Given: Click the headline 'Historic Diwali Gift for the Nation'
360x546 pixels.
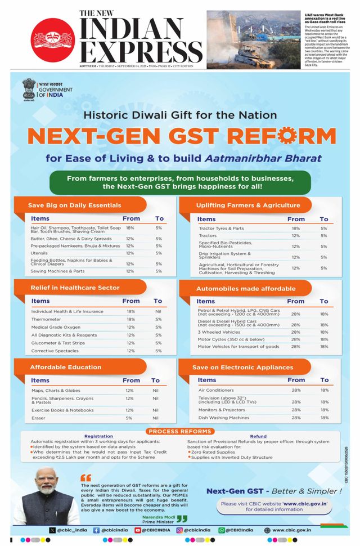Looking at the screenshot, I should [x=179, y=115].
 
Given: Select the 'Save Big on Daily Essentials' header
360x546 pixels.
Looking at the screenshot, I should [x=74, y=205].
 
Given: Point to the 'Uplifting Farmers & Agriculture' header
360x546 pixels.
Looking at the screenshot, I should [x=247, y=205].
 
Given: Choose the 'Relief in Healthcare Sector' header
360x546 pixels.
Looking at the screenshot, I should [x=75, y=288].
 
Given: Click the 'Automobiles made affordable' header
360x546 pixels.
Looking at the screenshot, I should [x=245, y=289].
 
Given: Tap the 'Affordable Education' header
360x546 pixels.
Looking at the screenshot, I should [x=65, y=368].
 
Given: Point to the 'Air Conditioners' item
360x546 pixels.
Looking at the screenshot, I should [x=216, y=390].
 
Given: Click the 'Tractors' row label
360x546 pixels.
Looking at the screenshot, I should [x=208, y=236].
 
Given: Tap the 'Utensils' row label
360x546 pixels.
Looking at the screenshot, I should [x=40, y=253].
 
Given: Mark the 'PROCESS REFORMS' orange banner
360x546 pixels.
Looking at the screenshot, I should [x=179, y=431].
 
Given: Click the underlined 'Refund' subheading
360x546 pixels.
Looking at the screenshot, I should [x=258, y=436].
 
